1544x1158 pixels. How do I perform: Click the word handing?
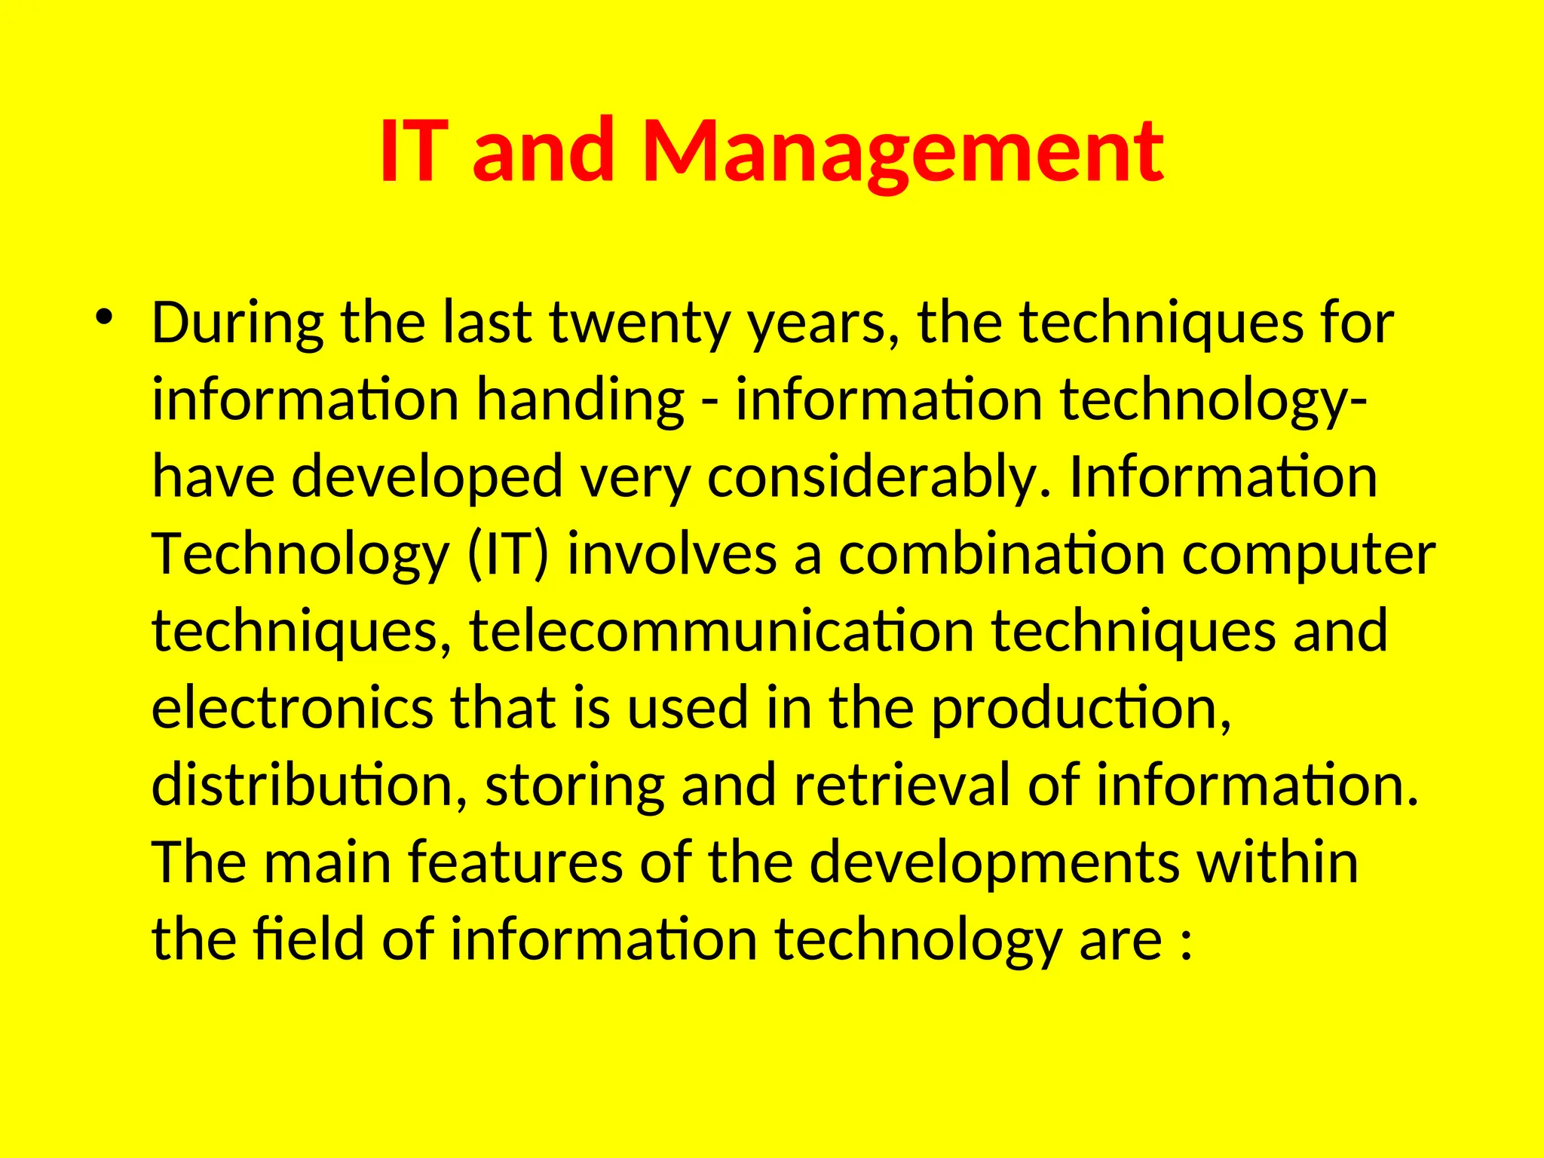[581, 401]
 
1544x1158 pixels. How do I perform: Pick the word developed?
[427, 478]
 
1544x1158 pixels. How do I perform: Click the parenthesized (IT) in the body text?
[509, 555]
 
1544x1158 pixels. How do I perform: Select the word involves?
[672, 555]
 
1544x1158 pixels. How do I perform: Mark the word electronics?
[293, 709]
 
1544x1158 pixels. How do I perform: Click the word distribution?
[309, 786]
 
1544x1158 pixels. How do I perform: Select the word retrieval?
[901, 786]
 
